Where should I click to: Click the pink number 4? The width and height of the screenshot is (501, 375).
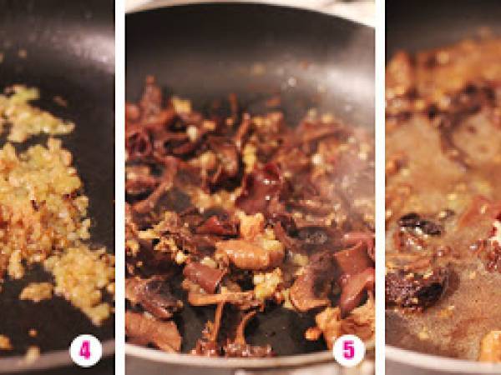(x=85, y=351)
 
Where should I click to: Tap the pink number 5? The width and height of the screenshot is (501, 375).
(x=349, y=351)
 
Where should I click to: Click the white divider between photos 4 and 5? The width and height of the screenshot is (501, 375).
(x=120, y=187)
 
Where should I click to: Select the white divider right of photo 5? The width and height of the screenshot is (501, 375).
(x=380, y=187)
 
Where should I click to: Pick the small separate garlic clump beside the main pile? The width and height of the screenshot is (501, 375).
(x=36, y=292)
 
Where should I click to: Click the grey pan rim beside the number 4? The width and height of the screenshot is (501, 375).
(x=54, y=358)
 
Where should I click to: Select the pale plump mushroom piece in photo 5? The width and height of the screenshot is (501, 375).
(x=249, y=253)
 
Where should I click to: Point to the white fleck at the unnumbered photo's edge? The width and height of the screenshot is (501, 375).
(x=497, y=228)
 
